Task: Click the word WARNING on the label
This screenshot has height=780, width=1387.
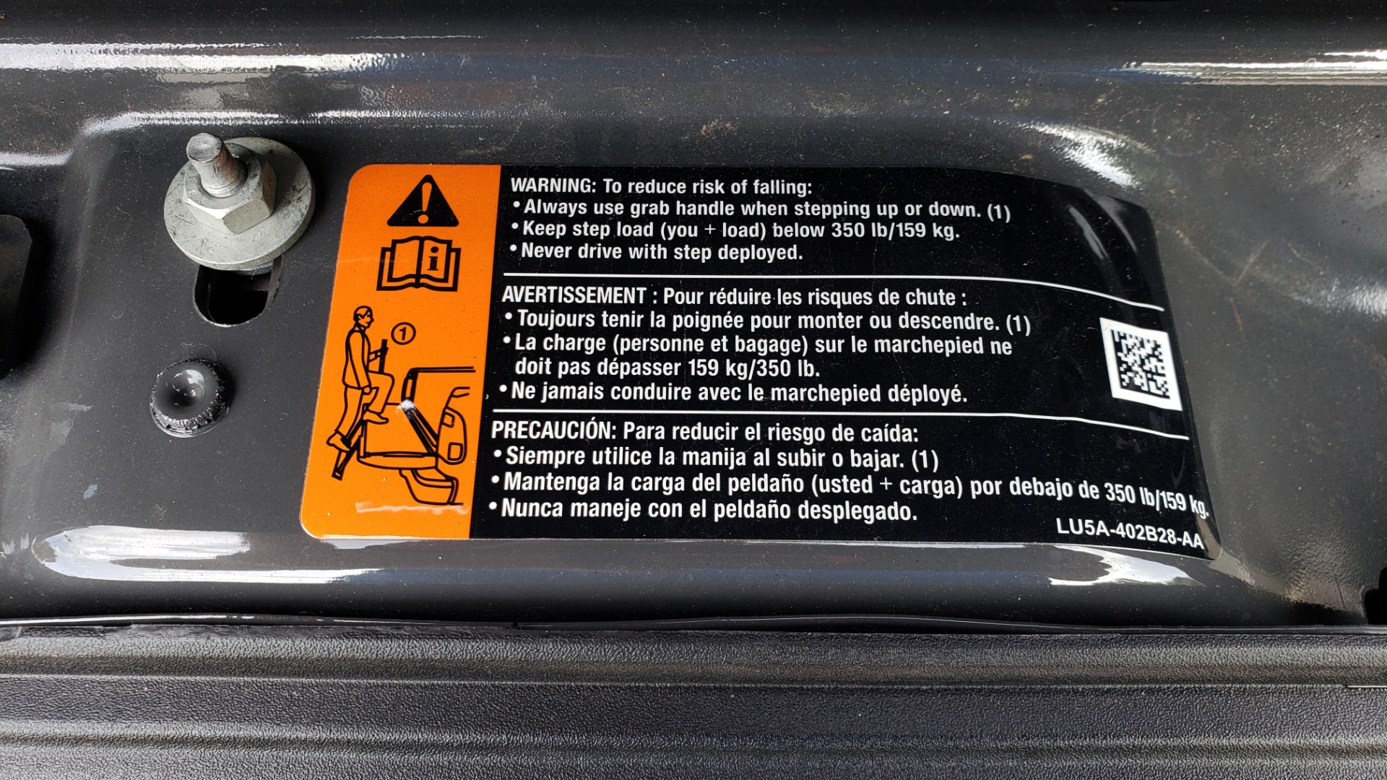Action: [553, 185]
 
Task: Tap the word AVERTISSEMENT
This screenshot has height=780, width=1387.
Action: [574, 295]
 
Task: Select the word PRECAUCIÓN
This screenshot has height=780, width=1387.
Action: [552, 430]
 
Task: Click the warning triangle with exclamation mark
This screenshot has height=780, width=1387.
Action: [422, 201]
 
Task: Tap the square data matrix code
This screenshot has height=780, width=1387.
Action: [1141, 364]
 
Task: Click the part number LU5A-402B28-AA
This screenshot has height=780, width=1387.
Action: [1130, 533]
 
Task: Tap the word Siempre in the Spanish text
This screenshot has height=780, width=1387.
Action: [545, 456]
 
